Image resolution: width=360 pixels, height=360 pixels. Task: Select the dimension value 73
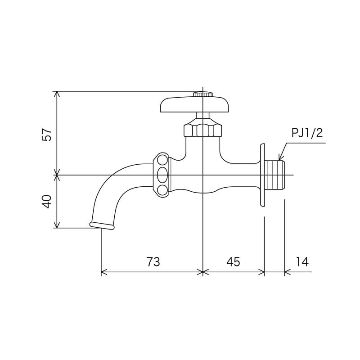point(153,262)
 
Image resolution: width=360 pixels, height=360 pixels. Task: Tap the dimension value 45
point(233,262)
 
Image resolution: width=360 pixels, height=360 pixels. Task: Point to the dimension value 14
point(302,262)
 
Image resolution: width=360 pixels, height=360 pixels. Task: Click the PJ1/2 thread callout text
point(307,134)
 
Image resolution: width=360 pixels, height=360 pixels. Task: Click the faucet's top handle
point(194,105)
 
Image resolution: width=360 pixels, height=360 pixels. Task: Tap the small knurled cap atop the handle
point(203,94)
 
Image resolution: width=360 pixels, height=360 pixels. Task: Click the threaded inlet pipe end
point(275,175)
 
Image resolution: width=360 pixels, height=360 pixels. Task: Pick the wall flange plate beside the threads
point(261,175)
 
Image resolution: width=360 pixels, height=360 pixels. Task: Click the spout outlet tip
point(102,226)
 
